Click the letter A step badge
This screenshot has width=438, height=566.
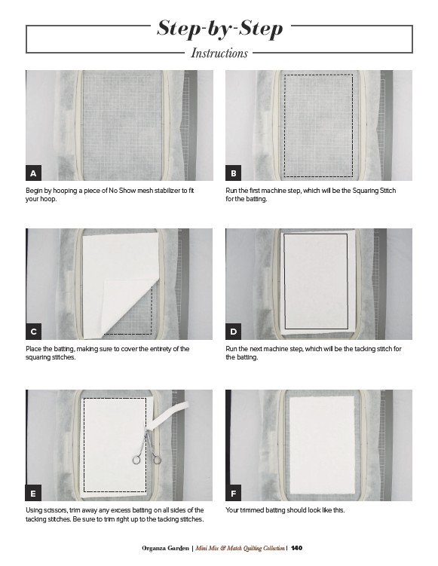pyautogui.click(x=33, y=173)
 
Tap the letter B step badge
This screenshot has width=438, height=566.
pyautogui.click(x=233, y=173)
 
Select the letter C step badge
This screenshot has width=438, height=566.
pyautogui.click(x=33, y=332)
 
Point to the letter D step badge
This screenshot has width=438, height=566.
pyautogui.click(x=233, y=332)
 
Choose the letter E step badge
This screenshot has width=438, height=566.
pyautogui.click(x=33, y=493)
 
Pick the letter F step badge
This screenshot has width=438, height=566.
pyautogui.click(x=233, y=493)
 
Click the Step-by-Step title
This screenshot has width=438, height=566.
pyautogui.click(x=219, y=28)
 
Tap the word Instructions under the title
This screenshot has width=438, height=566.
pyautogui.click(x=219, y=53)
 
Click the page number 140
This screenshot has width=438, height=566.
pyautogui.click(x=296, y=548)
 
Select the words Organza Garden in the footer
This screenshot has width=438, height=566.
pyautogui.click(x=165, y=548)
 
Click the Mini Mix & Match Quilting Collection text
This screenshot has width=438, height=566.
pyautogui.click(x=240, y=548)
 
